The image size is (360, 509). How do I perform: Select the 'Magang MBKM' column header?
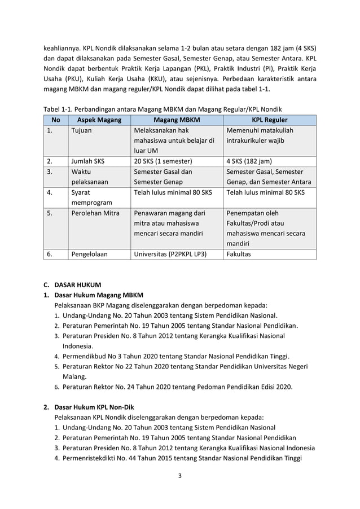tap(177, 120)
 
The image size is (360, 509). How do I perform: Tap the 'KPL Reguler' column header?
tap(269, 120)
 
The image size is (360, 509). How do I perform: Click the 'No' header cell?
tap(55, 120)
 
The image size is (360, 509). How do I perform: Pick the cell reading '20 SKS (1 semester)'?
tap(163, 160)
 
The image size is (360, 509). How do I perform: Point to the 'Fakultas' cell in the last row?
tap(239, 254)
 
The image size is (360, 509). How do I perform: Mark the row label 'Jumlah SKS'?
tap(87, 160)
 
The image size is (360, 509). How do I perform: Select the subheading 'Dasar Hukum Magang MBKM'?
tap(99, 295)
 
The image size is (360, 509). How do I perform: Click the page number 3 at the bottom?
tap(180, 475)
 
